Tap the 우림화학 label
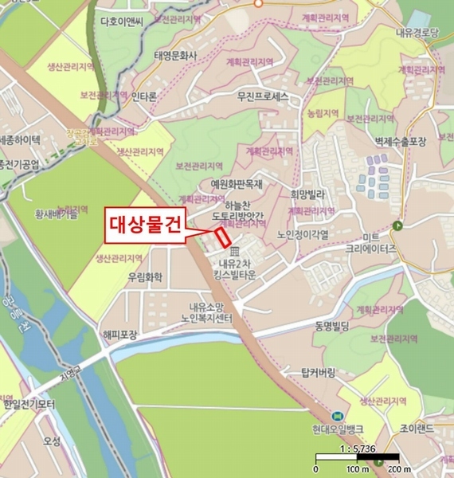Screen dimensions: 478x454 (144, 278)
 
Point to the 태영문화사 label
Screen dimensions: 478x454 (174, 56)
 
